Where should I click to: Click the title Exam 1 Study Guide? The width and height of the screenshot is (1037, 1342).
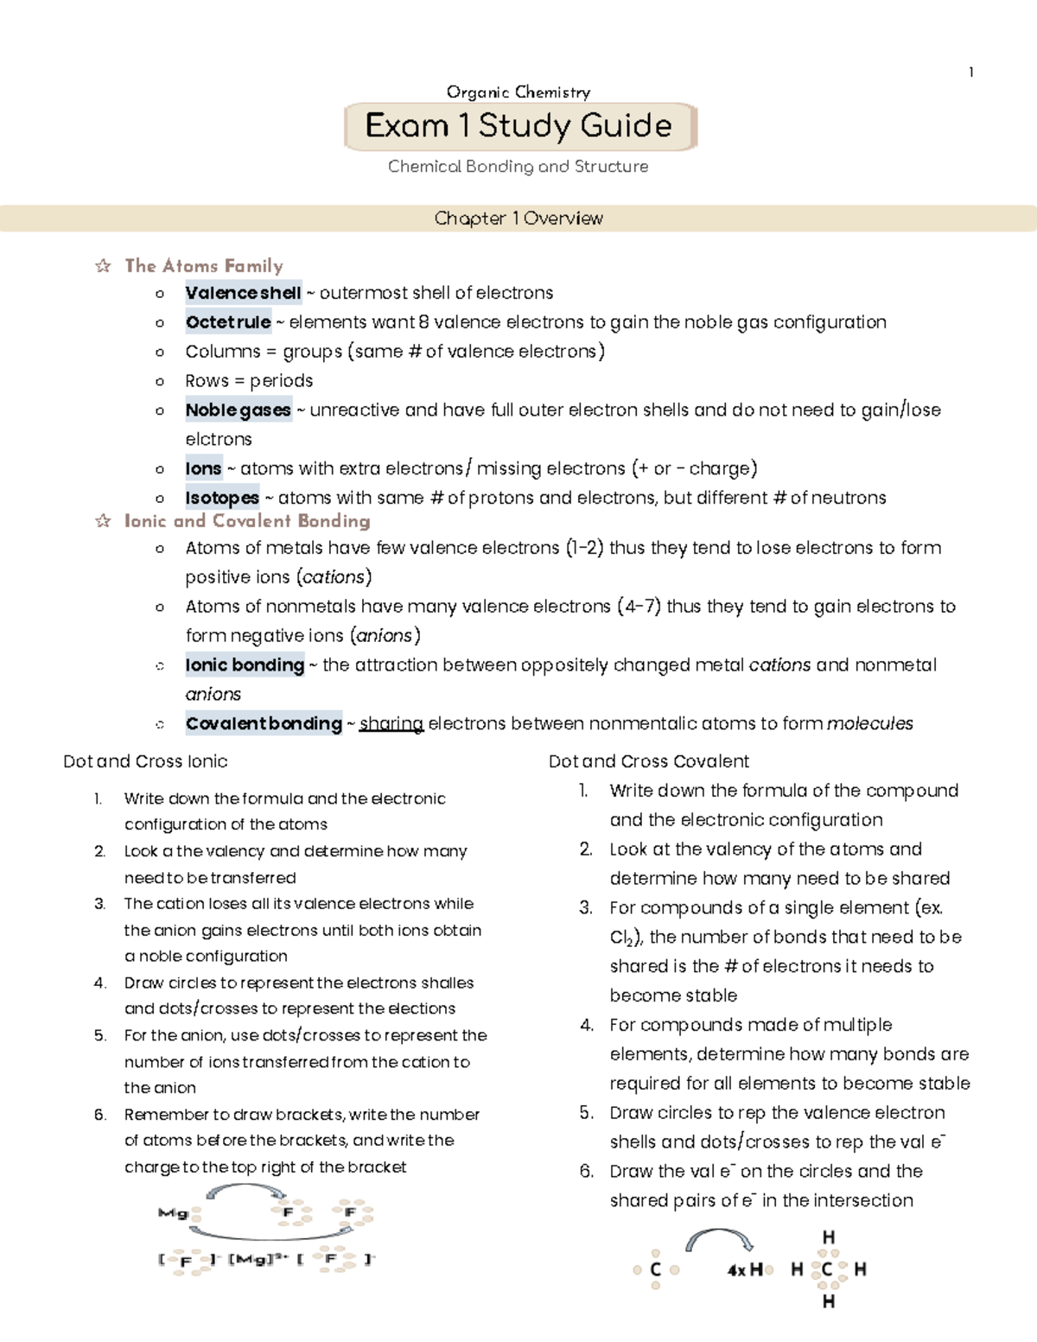518,126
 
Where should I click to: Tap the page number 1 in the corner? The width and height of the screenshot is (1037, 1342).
971,73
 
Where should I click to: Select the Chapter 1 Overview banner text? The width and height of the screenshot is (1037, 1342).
518,219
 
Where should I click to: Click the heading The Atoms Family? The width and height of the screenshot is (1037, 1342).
204,266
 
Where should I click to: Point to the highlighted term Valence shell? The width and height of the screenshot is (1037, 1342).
243,293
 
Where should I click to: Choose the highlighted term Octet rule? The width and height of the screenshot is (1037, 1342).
228,322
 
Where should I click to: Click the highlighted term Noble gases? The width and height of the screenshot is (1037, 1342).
238,410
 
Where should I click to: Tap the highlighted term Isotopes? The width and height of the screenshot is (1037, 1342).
222,498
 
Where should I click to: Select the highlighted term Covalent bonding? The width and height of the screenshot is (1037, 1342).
264,724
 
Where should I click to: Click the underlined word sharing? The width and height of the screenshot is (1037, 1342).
391,724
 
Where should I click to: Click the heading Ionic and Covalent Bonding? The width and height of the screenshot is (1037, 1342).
247,521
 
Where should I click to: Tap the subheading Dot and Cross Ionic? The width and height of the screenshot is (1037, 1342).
145,761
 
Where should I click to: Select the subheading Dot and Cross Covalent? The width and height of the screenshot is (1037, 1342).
648,761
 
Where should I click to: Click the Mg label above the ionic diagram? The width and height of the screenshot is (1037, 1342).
172,1213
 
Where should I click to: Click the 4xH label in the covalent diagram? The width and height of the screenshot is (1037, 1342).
744,1270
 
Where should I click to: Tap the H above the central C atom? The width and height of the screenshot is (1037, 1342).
828,1237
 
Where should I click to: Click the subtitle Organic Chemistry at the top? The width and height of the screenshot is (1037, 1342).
518,92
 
